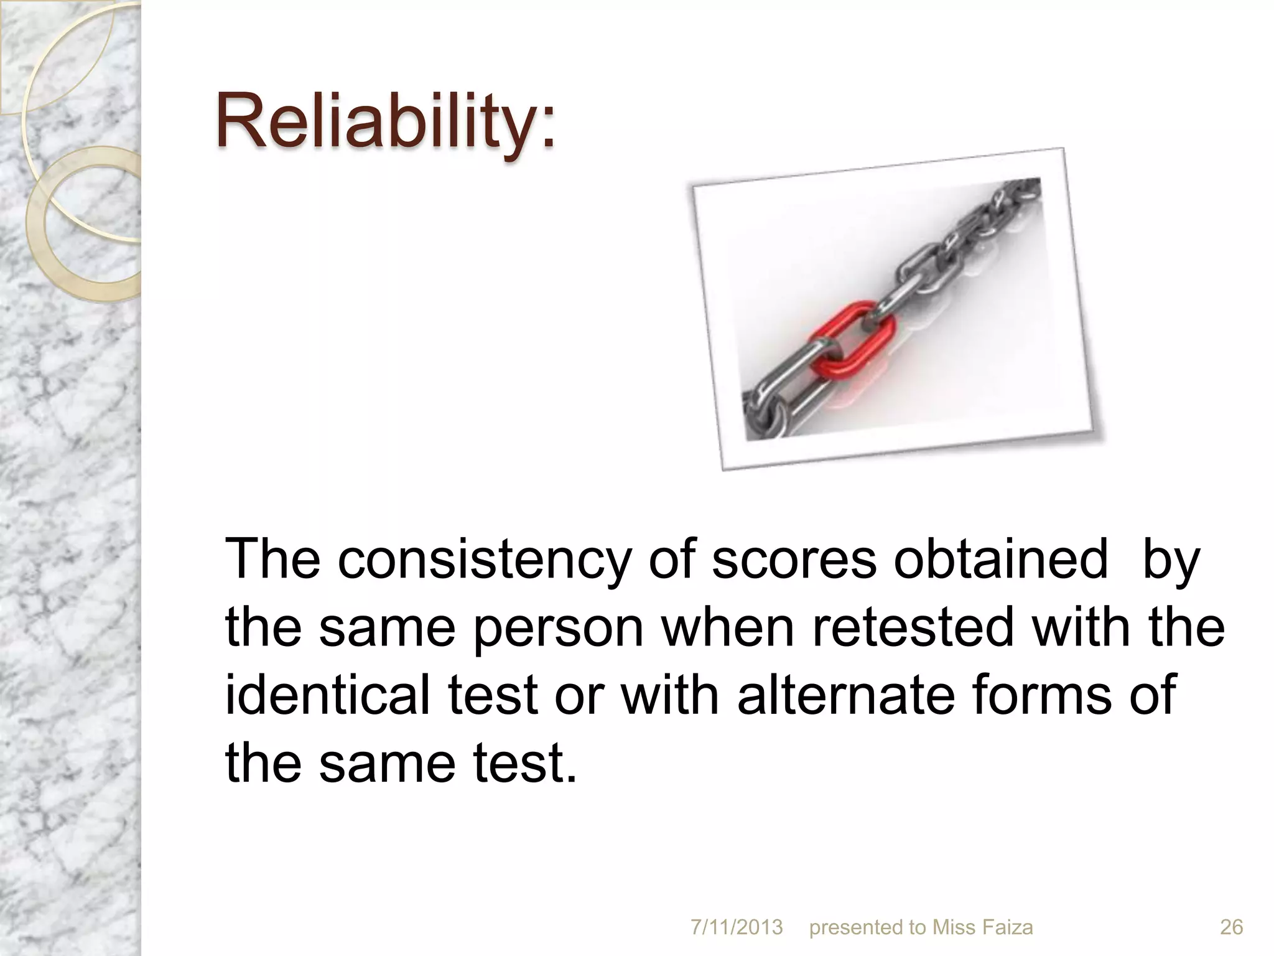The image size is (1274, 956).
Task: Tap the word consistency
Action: pyautogui.click(x=483, y=560)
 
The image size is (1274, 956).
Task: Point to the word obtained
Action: pyautogui.click(x=1001, y=560)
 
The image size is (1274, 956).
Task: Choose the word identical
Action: pyautogui.click(x=327, y=695)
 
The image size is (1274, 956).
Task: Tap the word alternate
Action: pyautogui.click(x=845, y=695)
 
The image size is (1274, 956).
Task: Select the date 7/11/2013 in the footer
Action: pyautogui.click(x=737, y=927)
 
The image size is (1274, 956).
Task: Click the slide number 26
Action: pyautogui.click(x=1231, y=927)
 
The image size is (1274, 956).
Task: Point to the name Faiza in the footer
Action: pyautogui.click(x=1008, y=927)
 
